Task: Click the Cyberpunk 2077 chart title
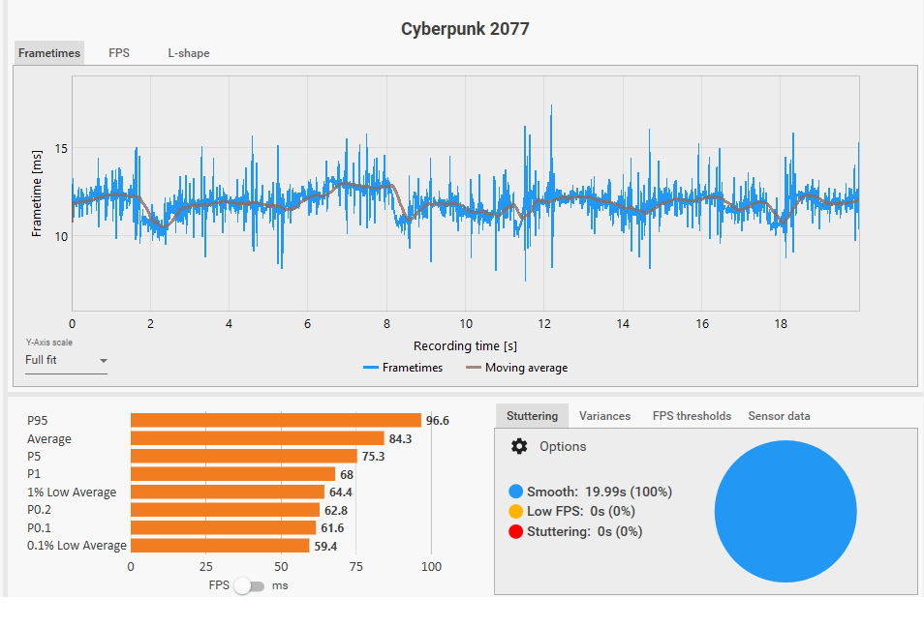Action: (x=465, y=29)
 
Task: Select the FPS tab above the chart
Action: (x=119, y=53)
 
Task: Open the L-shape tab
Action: (x=189, y=53)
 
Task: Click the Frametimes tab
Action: (x=49, y=53)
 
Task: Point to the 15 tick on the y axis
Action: (x=61, y=149)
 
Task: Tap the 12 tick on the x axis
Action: (x=544, y=324)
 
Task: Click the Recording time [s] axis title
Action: (x=465, y=345)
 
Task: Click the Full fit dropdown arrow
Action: (x=103, y=361)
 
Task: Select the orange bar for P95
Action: (x=275, y=421)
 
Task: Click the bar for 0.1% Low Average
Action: (x=220, y=546)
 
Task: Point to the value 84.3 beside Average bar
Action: (x=401, y=439)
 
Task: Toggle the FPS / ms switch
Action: (x=249, y=585)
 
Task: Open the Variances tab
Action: (x=604, y=416)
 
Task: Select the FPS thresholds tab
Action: (x=692, y=416)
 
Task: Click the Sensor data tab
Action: (x=779, y=416)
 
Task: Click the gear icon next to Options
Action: (x=519, y=446)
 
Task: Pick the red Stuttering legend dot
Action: (x=515, y=531)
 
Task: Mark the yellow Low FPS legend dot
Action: (x=515, y=511)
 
